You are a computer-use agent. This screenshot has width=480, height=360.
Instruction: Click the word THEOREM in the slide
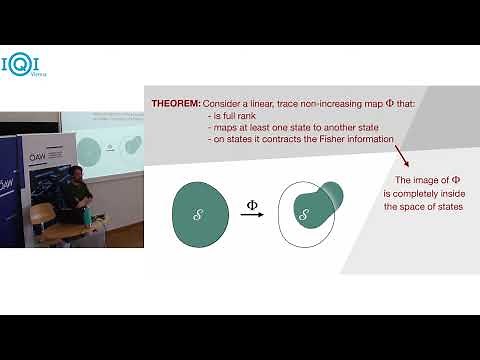[175, 104]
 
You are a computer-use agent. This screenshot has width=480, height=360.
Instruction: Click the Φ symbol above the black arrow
[252, 204]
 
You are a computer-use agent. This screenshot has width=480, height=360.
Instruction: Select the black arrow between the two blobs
[252, 215]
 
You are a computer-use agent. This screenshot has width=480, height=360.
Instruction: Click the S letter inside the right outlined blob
[304, 214]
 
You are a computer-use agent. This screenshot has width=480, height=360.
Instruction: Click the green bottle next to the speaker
[90, 214]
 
